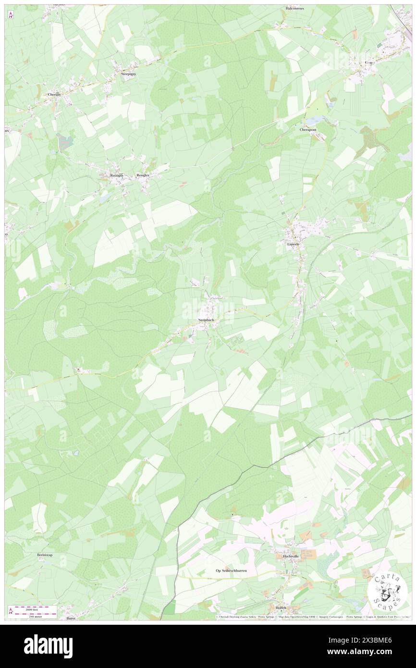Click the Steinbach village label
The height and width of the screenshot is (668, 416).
206,320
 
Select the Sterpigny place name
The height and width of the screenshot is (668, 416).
128,74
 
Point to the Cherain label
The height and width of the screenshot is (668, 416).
54,95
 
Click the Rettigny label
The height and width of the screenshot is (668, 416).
117,175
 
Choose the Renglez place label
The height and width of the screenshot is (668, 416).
143,175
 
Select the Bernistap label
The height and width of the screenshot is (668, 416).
45,555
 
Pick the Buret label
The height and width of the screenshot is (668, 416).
71,618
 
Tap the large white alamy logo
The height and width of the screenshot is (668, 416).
48,646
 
